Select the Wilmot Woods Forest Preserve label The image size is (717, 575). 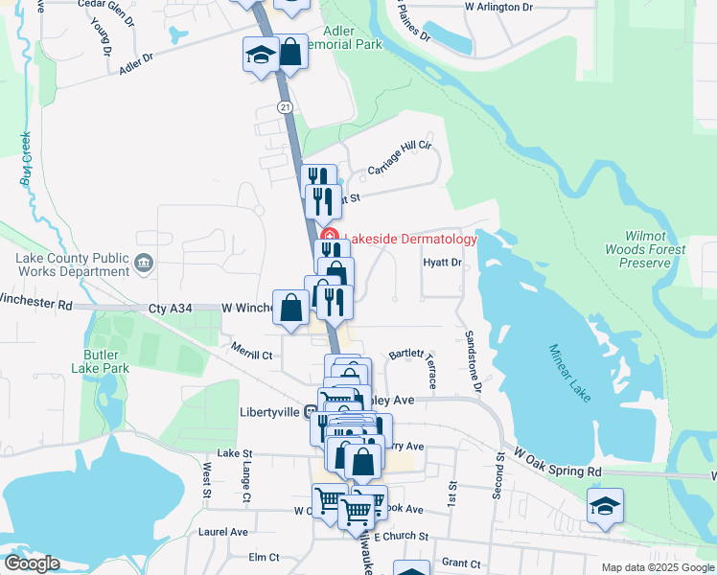pyautogui.click(x=656, y=249)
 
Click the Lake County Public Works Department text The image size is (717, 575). pyautogui.click(x=72, y=264)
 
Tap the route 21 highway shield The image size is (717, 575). pyautogui.click(x=286, y=107)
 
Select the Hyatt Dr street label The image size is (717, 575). pyautogui.click(x=443, y=262)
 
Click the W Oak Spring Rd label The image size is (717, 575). pyautogui.click(x=557, y=461)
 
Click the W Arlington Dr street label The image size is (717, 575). pyautogui.click(x=497, y=7)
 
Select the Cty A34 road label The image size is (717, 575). pyautogui.click(x=171, y=308)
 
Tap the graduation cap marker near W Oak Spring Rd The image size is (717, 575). pyautogui.click(x=605, y=505)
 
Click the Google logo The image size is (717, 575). pyautogui.click(x=31, y=563)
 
